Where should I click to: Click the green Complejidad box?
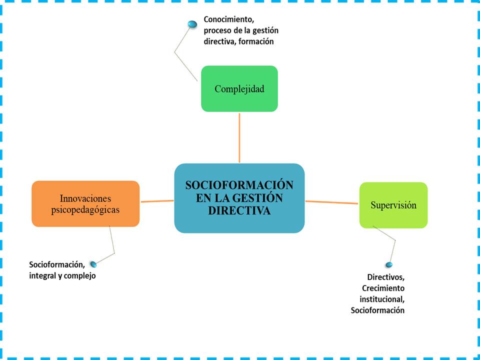click(239, 88)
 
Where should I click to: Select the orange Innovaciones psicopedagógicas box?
click(85, 203)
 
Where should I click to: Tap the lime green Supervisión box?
click(393, 205)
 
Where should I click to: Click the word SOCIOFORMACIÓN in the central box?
click(239, 185)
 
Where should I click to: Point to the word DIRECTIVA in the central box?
click(239, 210)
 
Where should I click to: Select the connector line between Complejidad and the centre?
click(239, 137)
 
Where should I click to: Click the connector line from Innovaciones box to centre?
click(156, 201)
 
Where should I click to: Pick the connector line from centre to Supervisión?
click(332, 202)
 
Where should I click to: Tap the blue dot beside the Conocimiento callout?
click(192, 24)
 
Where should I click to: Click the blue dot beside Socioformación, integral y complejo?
click(93, 264)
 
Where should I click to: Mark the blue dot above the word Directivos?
click(388, 264)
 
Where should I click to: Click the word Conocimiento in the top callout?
click(229, 20)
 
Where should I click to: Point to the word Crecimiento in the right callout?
click(383, 288)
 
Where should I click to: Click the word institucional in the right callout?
click(382, 299)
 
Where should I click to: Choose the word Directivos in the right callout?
click(385, 277)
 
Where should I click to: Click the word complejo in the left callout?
click(80, 275)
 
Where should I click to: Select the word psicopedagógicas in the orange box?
click(85, 210)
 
